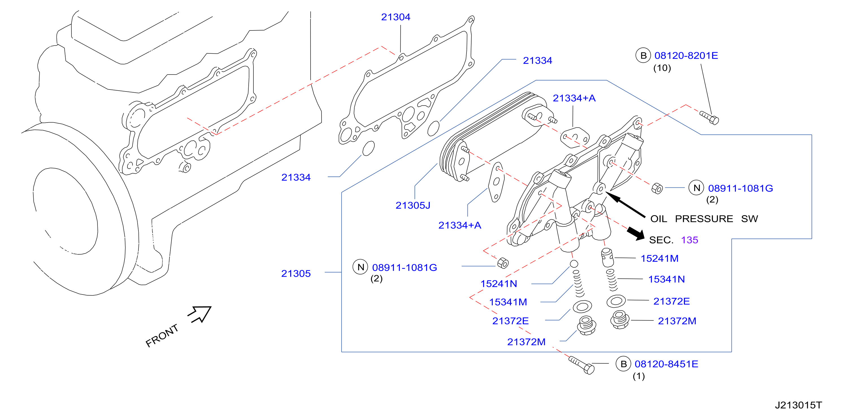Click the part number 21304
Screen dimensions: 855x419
point(395,17)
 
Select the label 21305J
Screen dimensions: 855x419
point(413,205)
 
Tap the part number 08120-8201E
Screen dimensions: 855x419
point(686,55)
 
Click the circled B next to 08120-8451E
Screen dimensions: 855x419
point(623,364)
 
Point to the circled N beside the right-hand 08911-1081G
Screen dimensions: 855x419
point(696,188)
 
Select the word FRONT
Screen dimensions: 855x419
point(162,335)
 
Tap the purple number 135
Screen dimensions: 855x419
point(689,240)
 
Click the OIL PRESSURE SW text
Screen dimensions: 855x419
point(704,219)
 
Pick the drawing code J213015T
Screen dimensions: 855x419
point(798,405)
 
